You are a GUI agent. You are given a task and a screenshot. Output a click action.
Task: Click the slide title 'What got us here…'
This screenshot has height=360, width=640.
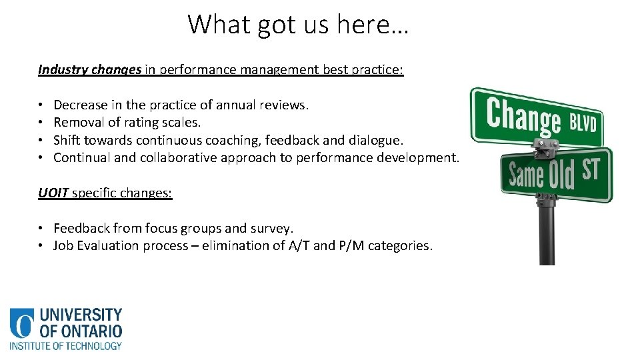[298, 25]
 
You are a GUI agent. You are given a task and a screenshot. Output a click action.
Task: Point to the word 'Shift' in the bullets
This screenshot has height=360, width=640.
[65, 140]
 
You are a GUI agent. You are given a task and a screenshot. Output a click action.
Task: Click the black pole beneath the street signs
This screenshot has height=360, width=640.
[547, 233]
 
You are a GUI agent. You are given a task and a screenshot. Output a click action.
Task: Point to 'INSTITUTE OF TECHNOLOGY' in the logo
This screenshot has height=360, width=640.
[65, 345]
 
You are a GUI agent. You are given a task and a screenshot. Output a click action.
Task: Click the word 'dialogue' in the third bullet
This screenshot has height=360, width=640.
[378, 140]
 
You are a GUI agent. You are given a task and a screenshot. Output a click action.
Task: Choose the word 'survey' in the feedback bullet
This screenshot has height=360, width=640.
[271, 229]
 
